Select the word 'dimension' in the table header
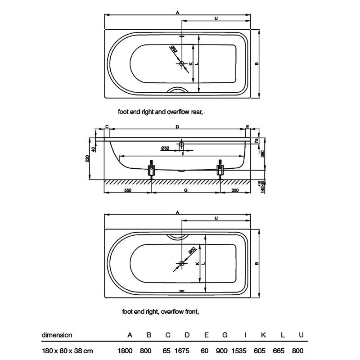57,335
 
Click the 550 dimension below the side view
128,190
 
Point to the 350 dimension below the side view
234,190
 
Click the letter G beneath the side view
186,190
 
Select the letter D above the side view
178,127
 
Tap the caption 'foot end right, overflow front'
160,311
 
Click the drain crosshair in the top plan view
182,64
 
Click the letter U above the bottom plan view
216,218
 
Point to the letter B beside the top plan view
256,64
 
